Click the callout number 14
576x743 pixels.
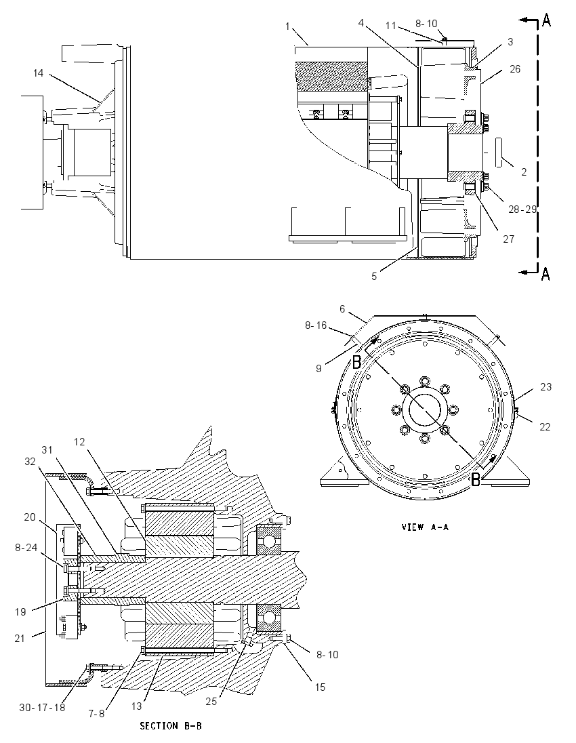click(x=39, y=73)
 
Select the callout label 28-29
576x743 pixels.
click(x=522, y=209)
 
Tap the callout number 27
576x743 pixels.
click(x=509, y=239)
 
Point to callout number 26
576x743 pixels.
click(x=515, y=69)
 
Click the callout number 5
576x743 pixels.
click(x=374, y=277)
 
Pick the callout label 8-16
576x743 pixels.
click(x=316, y=325)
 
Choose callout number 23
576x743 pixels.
click(x=546, y=386)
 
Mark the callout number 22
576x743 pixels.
click(x=546, y=427)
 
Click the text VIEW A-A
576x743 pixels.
click(x=425, y=527)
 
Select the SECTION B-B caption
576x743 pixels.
click(x=171, y=725)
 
